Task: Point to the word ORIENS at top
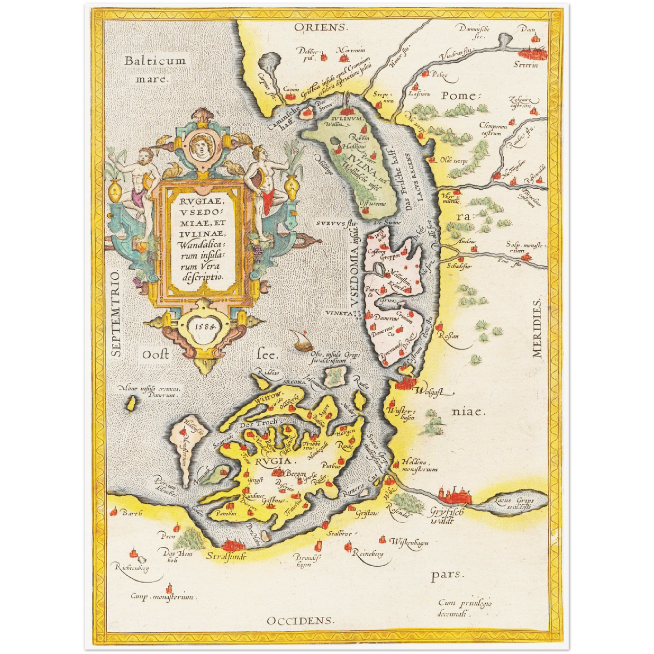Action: coord(321,28)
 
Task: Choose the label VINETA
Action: coord(338,313)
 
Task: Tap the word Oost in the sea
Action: coord(156,354)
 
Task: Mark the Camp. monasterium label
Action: coord(162,597)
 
